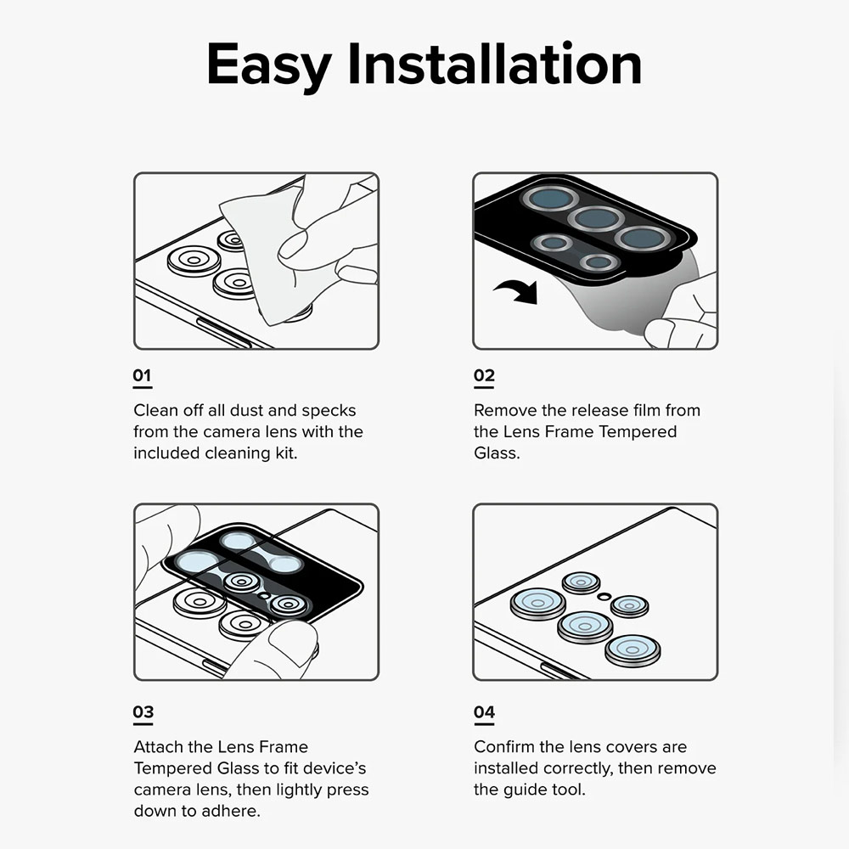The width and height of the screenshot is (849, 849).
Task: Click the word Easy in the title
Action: pos(269,66)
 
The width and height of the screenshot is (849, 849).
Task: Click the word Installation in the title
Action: pos(495,64)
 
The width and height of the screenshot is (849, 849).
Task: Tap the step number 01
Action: pos(142,375)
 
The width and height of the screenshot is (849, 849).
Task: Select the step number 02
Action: pos(484,375)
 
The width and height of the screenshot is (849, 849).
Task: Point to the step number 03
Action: pos(143,711)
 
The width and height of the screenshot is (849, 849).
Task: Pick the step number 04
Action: pos(484,711)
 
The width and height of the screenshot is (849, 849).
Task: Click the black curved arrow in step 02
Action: pos(517,291)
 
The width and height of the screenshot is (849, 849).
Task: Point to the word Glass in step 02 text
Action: pos(496,453)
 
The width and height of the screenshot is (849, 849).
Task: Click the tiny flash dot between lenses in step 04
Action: pos(604,597)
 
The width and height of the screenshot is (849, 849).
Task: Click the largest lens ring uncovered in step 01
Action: pos(194,261)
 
